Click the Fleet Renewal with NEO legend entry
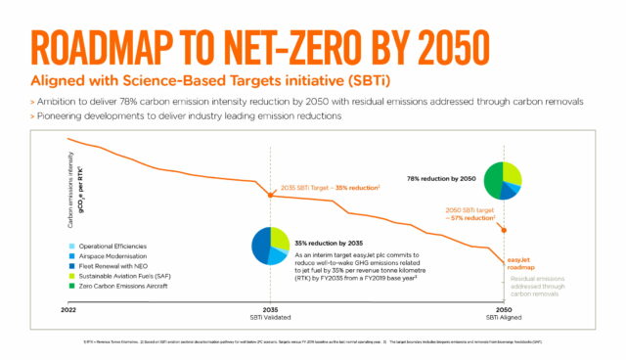(117, 239)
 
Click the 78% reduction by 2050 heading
(440, 179)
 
